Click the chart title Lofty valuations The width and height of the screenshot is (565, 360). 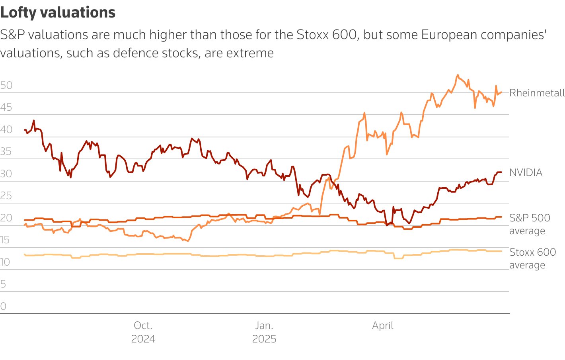pos(58,13)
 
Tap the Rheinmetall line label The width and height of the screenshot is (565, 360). pos(537,93)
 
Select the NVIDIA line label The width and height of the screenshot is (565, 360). pos(526,172)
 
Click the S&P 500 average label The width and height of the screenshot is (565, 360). pos(530,224)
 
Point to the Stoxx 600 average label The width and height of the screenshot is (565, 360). pos(532,258)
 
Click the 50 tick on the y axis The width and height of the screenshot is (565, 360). pos(6,85)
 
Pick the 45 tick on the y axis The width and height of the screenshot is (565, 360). pos(6,107)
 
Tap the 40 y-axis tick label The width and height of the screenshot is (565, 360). pos(6,129)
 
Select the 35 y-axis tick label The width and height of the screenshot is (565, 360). pos(6,151)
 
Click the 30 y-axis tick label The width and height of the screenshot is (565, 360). pos(6,174)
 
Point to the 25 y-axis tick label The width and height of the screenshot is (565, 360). pos(6,196)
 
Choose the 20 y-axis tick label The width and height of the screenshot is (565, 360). pos(6,218)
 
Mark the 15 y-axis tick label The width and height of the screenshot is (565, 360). pos(5,240)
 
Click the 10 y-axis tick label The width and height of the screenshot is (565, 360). pos(5,262)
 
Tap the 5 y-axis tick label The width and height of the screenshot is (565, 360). pos(3,284)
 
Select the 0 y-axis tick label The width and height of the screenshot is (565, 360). pos(3,306)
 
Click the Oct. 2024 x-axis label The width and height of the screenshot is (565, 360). pos(143,332)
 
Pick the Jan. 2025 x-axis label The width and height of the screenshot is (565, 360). pos(264,332)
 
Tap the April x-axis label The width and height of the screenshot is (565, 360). pos(383,325)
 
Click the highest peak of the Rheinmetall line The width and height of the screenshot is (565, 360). pos(458,75)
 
